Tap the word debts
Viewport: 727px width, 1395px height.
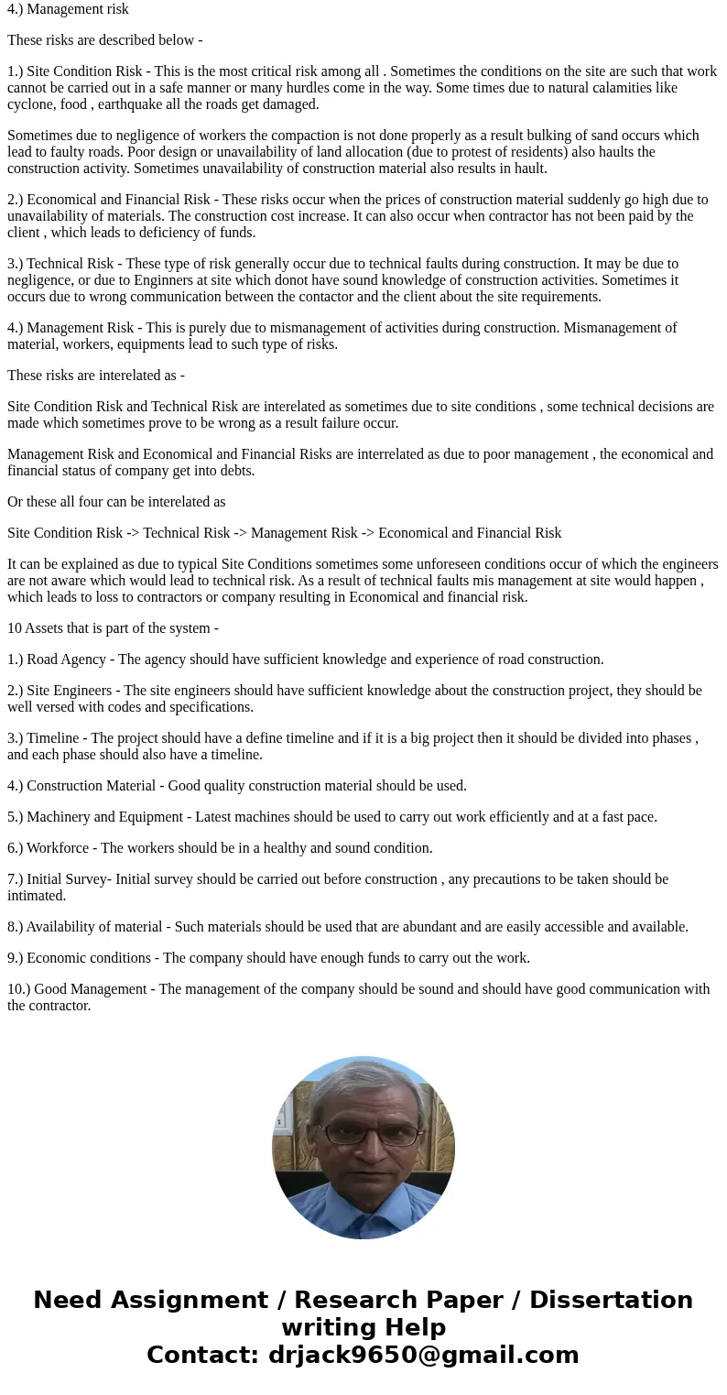pos(233,470)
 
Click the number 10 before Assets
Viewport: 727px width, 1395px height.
pos(15,627)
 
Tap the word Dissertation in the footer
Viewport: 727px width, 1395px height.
pos(611,1300)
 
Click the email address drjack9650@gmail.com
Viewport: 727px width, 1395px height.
pos(422,1355)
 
